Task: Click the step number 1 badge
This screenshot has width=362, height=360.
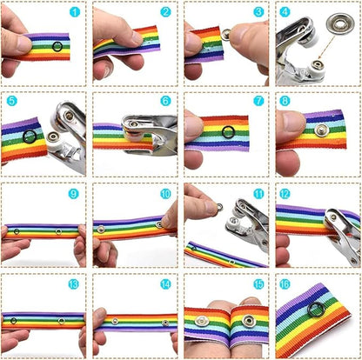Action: (x=75, y=12)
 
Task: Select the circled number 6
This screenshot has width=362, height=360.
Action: (x=166, y=102)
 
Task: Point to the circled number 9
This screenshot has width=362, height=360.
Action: (x=74, y=193)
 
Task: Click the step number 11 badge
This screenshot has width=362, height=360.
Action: (x=258, y=193)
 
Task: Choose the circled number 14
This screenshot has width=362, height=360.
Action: (x=166, y=284)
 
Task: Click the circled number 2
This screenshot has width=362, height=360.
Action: (x=166, y=12)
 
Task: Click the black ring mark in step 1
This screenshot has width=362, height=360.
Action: (x=57, y=46)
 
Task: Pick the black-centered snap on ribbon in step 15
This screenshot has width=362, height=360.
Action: (x=248, y=323)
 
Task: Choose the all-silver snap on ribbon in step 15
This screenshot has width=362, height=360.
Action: (x=202, y=321)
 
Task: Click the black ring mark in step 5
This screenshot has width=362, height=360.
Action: (x=30, y=137)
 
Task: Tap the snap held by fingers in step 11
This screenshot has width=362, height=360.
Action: (x=206, y=207)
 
